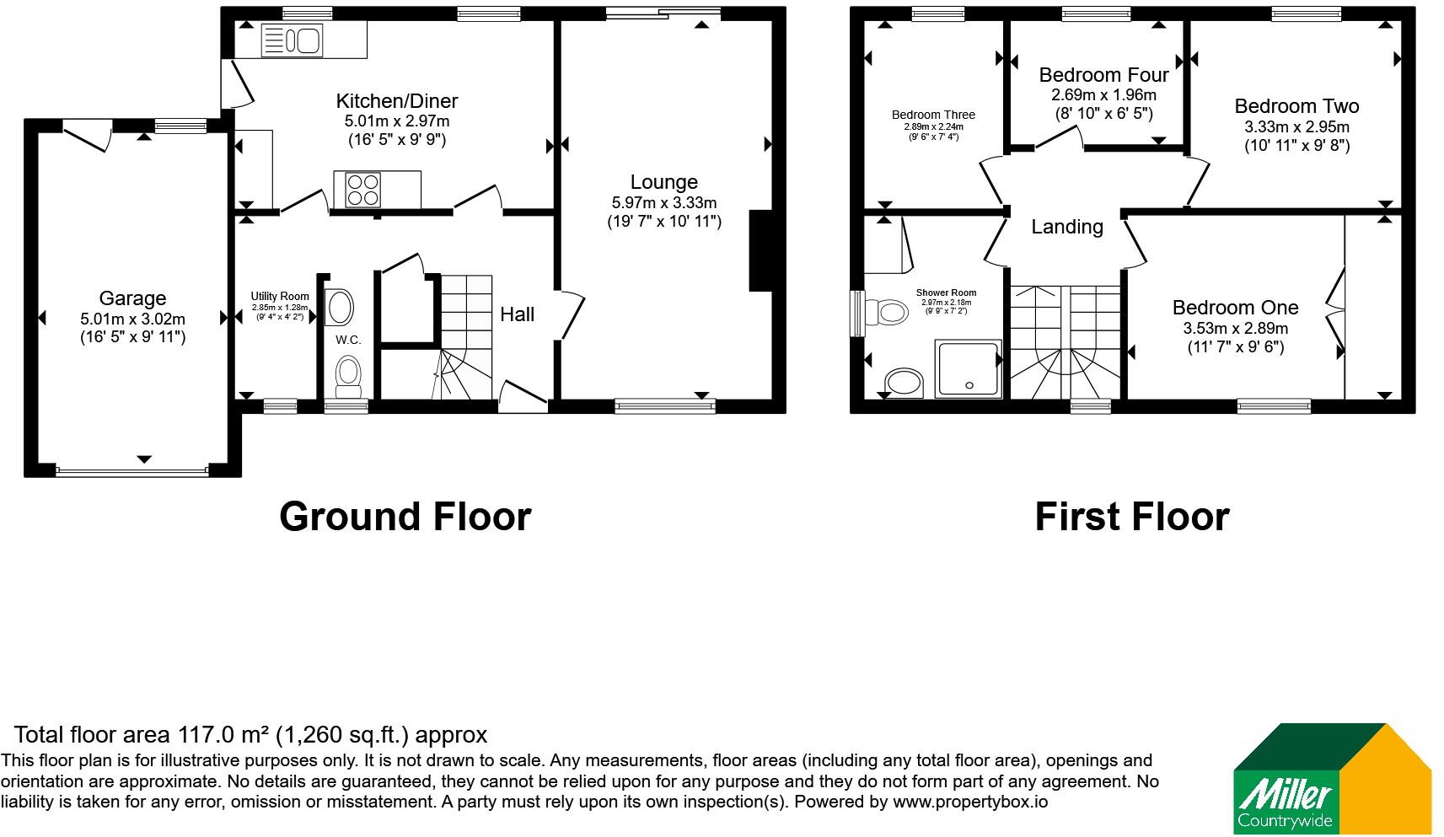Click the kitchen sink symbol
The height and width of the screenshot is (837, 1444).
point(292,40)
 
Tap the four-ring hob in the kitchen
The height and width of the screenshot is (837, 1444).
point(362,190)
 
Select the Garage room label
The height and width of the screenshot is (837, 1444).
point(133,298)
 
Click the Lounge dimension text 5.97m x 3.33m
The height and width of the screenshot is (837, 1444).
point(664,202)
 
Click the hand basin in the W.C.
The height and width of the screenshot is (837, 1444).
point(339,307)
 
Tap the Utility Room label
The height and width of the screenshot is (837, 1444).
point(280,296)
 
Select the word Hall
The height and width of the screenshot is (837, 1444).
point(517,314)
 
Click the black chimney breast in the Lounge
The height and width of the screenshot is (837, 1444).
point(760,251)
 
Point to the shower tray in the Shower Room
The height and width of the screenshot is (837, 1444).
point(969,368)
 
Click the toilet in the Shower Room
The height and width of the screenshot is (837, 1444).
point(887,313)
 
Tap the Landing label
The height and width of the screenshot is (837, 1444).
point(1067,227)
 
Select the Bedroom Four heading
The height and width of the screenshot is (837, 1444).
point(1103,75)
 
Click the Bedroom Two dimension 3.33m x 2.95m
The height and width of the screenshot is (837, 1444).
point(1297,126)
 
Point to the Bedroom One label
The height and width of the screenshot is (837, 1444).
point(1235,307)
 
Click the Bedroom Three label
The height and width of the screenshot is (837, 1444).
point(933,115)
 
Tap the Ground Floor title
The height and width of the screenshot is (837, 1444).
point(405,517)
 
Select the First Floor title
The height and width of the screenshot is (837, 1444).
point(1133,517)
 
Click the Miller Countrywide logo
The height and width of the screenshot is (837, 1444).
point(1332,778)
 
